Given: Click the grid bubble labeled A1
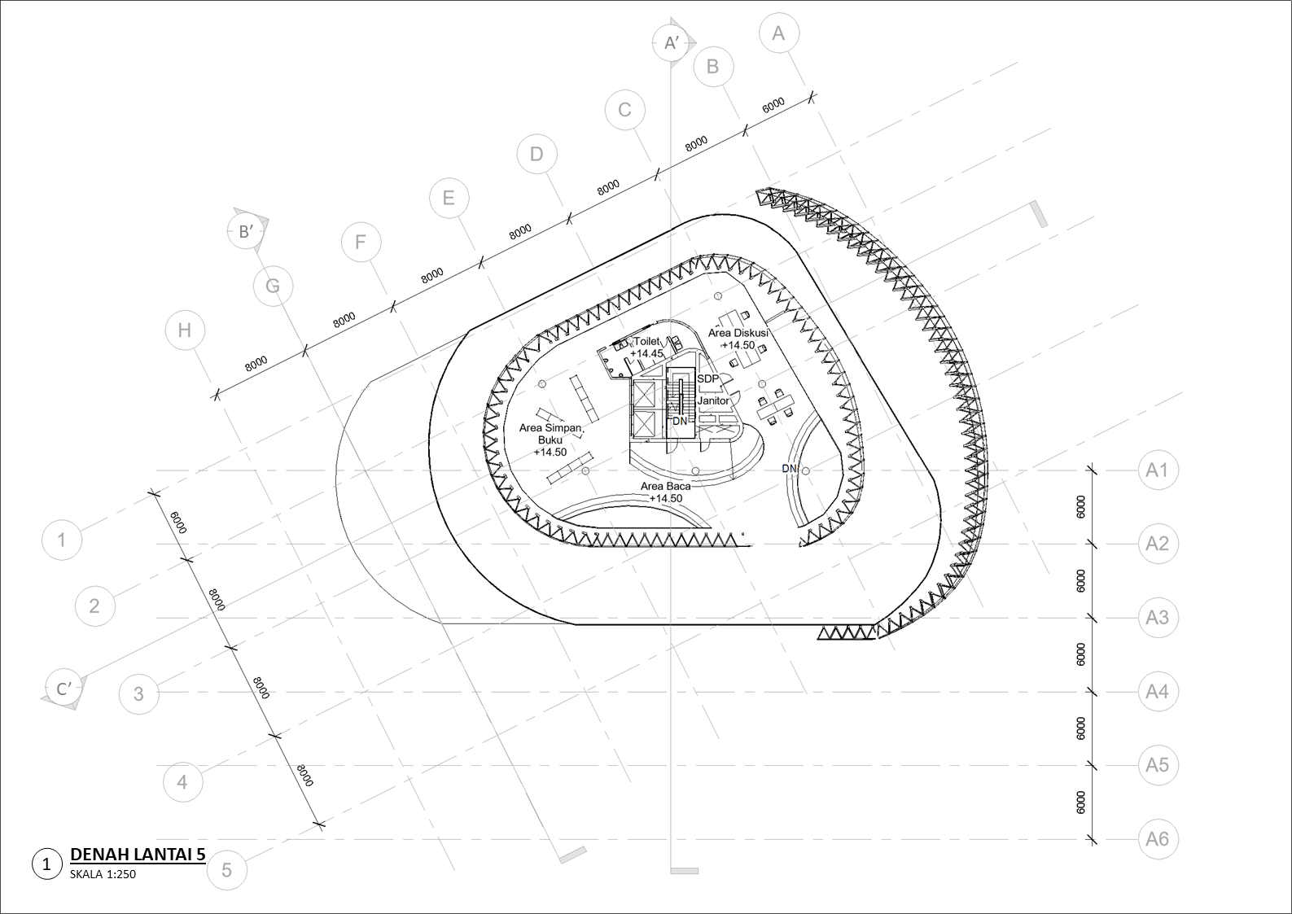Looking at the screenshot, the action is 1158,470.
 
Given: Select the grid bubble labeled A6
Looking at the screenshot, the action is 1158,839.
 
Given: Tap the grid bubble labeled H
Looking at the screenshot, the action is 185,330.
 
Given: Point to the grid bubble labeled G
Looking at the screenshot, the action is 273,286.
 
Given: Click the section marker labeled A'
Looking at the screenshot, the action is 672,43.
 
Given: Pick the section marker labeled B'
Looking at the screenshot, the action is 247,232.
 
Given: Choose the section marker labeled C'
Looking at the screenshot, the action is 64,689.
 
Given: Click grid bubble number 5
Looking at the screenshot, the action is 226,870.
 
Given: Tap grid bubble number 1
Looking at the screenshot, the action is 62,540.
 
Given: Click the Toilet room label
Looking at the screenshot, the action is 646,341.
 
